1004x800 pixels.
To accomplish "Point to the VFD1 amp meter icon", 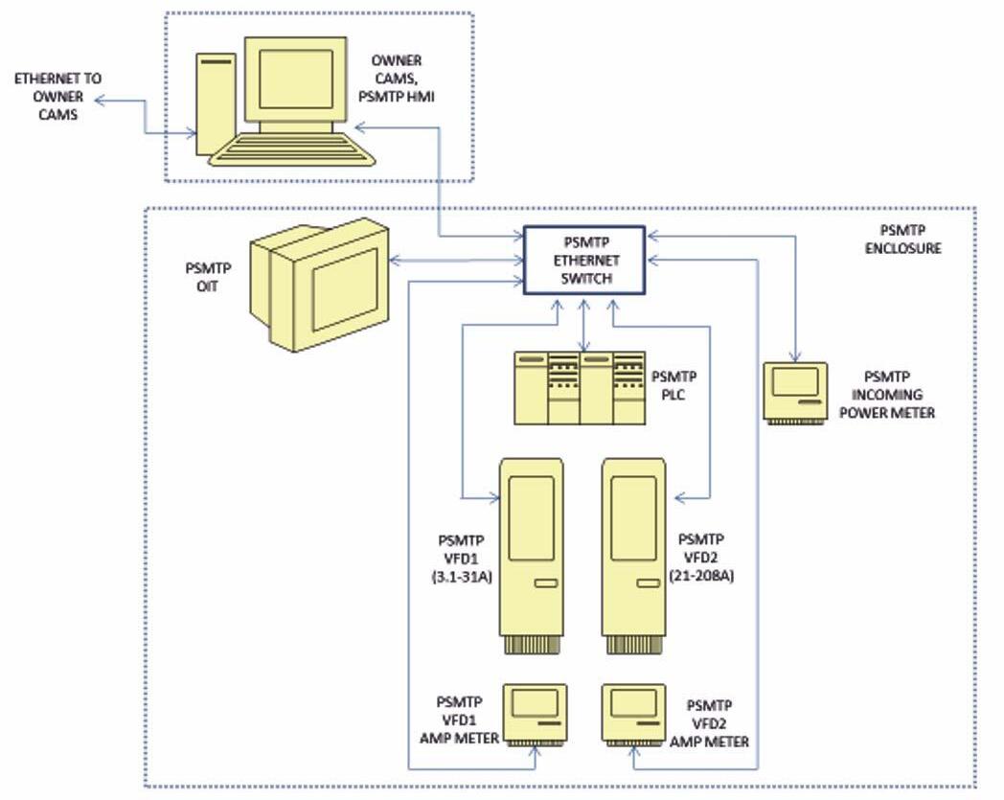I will [x=536, y=714].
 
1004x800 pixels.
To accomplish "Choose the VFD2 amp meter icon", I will [x=634, y=714].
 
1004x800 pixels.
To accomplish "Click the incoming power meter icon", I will [x=795, y=391].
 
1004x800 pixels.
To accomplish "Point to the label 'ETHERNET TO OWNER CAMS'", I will [x=57, y=96].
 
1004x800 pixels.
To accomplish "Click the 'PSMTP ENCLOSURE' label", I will [x=910, y=240].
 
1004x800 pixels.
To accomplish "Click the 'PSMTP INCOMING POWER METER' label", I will [x=893, y=395].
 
